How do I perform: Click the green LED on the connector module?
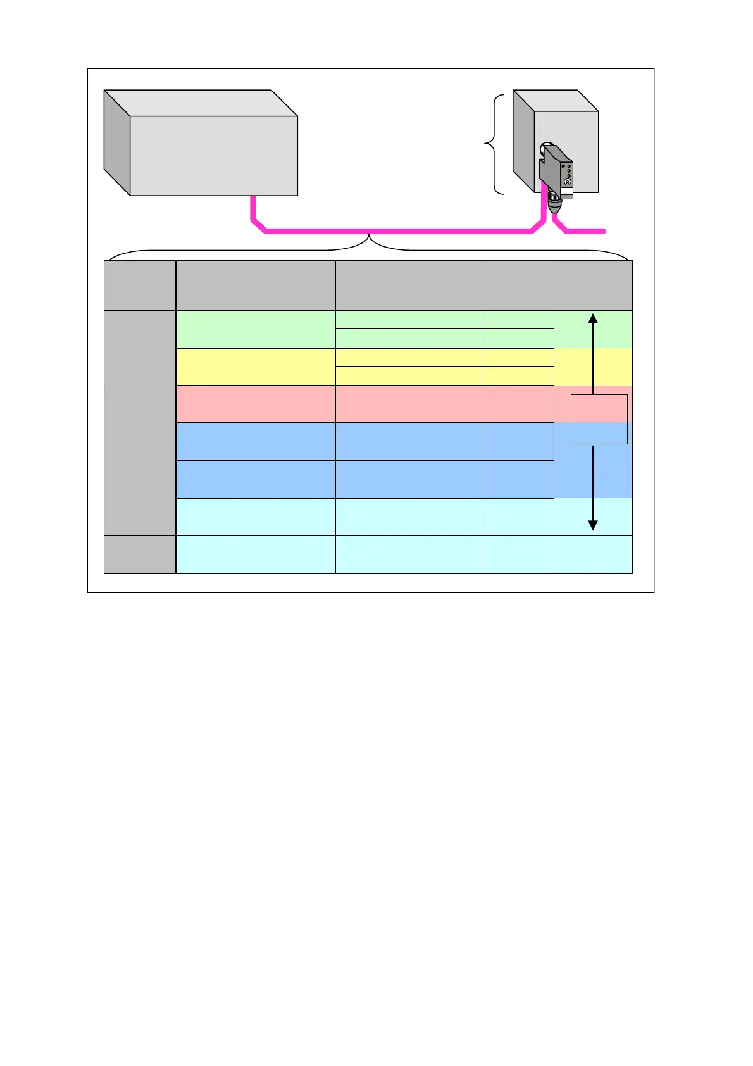pos(569,171)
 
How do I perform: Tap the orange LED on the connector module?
pos(569,176)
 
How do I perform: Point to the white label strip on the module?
pos(567,191)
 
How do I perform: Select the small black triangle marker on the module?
pos(563,166)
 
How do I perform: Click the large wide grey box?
pos(213,155)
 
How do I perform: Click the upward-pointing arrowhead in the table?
pos(593,318)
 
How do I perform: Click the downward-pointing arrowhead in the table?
pos(593,525)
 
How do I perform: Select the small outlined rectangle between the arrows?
pos(599,419)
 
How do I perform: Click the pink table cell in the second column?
pos(255,404)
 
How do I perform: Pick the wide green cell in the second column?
pos(255,329)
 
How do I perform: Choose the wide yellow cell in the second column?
pos(255,367)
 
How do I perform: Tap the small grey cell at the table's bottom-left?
pos(140,554)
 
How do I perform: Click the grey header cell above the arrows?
pos(593,285)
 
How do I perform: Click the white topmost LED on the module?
pos(569,166)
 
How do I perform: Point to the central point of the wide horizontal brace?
pos(369,239)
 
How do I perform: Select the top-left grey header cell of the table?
pos(140,285)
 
